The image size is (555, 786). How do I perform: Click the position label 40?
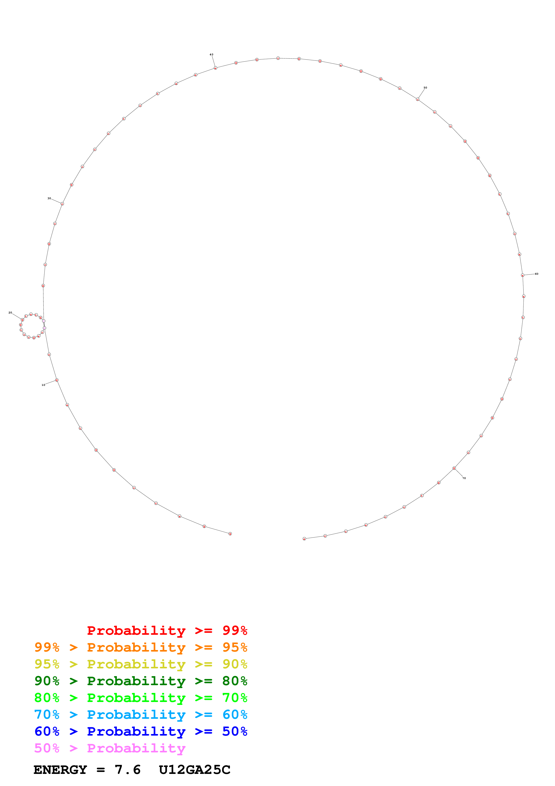pyautogui.click(x=211, y=54)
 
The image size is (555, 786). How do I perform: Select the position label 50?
pyautogui.click(x=425, y=88)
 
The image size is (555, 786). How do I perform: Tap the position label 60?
pyautogui.click(x=537, y=274)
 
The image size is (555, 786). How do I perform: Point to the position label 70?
pyautogui.click(x=464, y=478)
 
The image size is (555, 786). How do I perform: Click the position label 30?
pyautogui.click(x=49, y=199)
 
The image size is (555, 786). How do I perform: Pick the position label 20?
pyautogui.click(x=10, y=313)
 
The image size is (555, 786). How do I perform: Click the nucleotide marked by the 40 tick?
pyautogui.click(x=215, y=68)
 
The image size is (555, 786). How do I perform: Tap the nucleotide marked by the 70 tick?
pyautogui.click(x=454, y=468)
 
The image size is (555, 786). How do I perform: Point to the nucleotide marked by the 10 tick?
pyautogui.click(x=57, y=380)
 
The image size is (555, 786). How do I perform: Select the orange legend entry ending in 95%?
pyautogui.click(x=141, y=647)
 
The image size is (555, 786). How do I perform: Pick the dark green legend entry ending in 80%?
pyautogui.click(x=141, y=681)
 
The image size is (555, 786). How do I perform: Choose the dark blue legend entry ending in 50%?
pyautogui.click(x=141, y=731)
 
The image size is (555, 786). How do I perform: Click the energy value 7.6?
pyautogui.click(x=128, y=770)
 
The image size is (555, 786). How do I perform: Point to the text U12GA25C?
pyautogui.click(x=195, y=770)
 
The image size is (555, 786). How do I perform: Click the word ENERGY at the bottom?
pyautogui.click(x=60, y=770)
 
